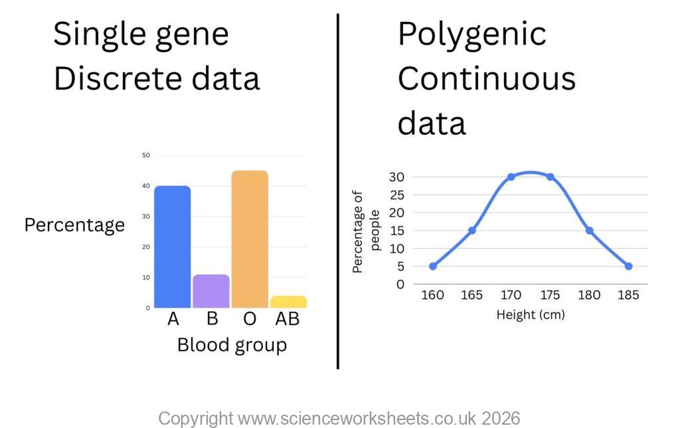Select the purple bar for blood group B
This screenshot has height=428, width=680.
(x=211, y=291)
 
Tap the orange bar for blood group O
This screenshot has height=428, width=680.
(x=250, y=240)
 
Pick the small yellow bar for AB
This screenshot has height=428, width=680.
(x=288, y=302)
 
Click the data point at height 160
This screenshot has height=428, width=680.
(x=433, y=266)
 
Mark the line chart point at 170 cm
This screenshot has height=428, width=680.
(x=511, y=177)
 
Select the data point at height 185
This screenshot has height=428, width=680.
(x=628, y=266)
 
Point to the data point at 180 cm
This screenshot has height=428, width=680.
(x=589, y=230)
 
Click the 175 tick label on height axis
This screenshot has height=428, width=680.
(x=550, y=295)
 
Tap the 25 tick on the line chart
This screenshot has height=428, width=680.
(x=397, y=195)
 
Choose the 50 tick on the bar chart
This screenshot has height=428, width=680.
(x=146, y=155)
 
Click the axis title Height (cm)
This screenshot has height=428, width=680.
(x=531, y=315)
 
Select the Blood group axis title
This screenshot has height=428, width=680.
(x=232, y=345)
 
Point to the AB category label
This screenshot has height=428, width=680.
(x=288, y=319)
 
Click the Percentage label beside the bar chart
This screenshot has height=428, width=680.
(x=74, y=225)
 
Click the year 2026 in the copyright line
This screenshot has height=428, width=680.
(x=501, y=419)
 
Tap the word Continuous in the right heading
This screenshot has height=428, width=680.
(x=487, y=79)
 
